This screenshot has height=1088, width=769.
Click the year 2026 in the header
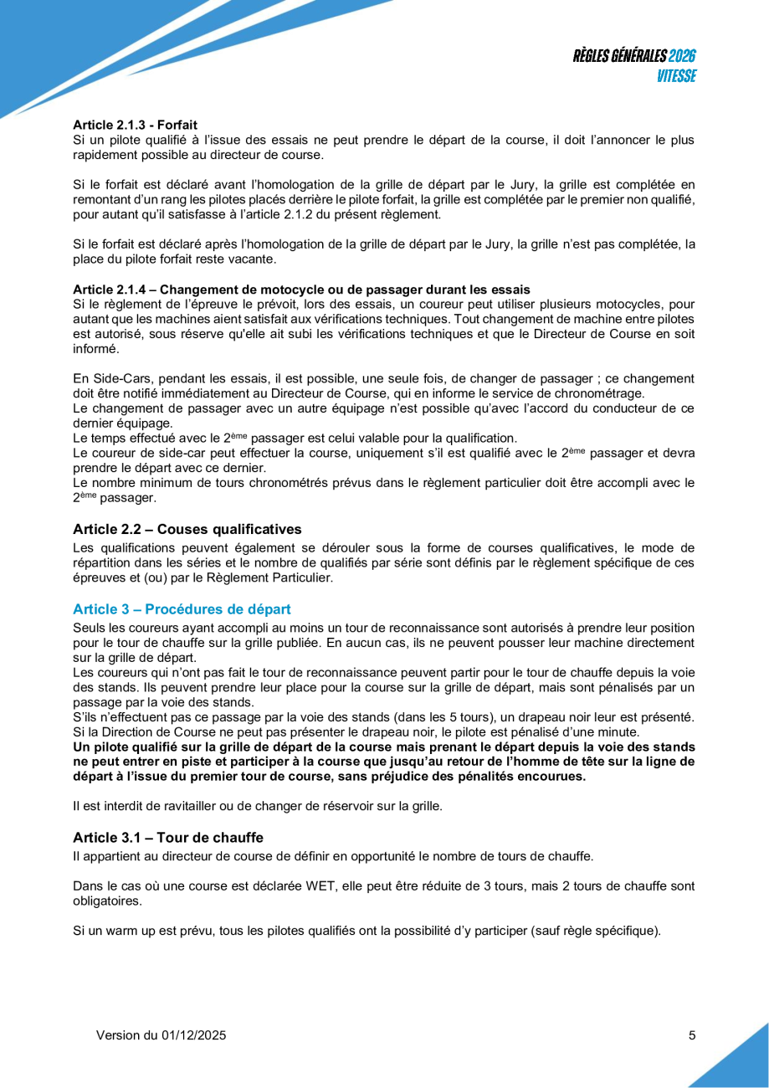coord(683,57)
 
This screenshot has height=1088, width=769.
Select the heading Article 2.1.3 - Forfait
coord(135,124)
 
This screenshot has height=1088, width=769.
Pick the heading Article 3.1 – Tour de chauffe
coord(168,838)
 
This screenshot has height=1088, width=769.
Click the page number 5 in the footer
coord(692,1035)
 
